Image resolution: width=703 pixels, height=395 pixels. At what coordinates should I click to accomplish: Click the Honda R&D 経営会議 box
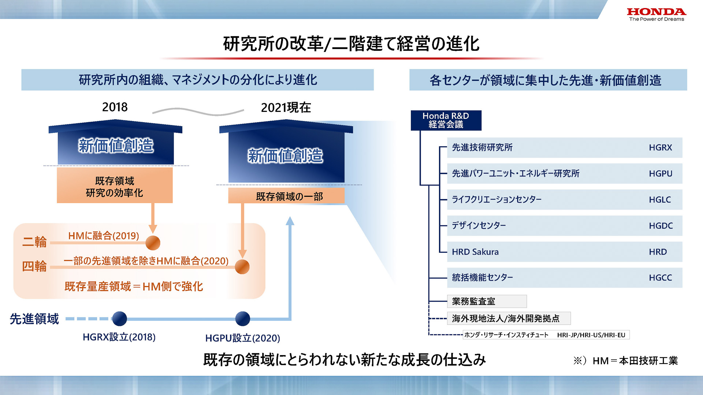446,120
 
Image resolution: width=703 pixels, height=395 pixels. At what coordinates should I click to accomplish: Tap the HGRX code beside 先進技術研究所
660,148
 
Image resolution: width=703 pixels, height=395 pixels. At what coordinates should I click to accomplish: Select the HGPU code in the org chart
660,174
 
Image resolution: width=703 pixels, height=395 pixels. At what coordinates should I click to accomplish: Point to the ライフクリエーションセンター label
496,200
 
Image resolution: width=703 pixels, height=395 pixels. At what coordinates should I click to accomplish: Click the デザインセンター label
479,226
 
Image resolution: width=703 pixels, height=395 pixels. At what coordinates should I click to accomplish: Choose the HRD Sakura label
475,252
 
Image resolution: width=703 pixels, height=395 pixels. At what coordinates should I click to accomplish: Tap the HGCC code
660,278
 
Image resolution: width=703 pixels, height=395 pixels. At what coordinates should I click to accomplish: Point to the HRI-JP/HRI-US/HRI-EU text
591,335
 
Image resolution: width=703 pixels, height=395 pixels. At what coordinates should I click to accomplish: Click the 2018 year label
115,107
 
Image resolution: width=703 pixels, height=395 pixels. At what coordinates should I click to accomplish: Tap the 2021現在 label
286,108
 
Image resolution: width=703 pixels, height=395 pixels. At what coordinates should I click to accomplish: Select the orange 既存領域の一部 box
286,196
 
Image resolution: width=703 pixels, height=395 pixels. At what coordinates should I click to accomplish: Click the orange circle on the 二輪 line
153,243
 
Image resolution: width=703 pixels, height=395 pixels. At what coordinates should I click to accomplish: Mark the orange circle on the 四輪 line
242,267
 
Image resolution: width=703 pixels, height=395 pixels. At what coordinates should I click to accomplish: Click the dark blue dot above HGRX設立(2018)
119,319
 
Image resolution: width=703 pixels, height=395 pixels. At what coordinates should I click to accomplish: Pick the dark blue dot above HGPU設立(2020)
242,319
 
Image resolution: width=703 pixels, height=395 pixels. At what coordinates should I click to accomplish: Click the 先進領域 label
34,319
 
